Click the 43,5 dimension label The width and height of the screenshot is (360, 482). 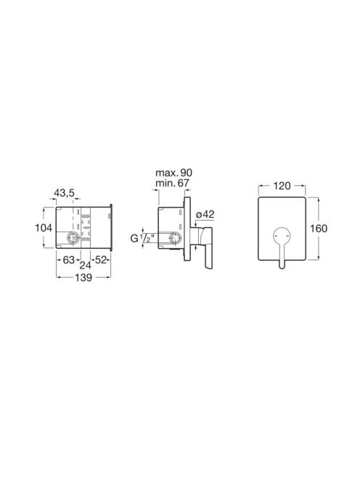(65, 193)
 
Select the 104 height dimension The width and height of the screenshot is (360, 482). (44, 228)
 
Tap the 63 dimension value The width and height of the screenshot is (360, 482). (68, 260)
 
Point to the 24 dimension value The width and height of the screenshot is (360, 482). (85, 265)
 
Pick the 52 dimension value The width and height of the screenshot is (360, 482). (101, 260)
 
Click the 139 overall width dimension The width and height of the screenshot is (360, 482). (83, 277)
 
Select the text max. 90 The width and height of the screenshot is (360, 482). (173, 173)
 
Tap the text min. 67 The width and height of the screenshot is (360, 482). (172, 183)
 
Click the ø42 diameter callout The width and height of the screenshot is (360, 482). (205, 214)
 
